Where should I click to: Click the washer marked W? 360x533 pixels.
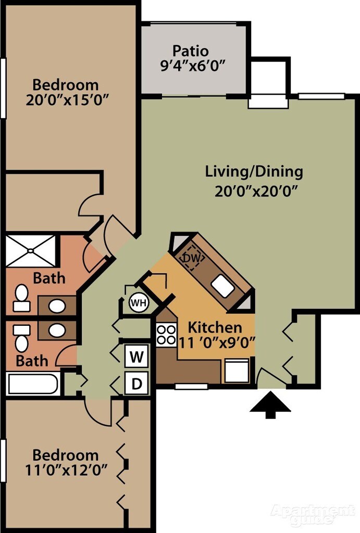(x=137, y=356)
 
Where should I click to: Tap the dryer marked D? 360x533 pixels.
(x=137, y=383)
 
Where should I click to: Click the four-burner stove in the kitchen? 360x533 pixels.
(x=166, y=335)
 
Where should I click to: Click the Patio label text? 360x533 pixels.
(x=191, y=50)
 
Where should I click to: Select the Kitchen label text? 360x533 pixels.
(x=215, y=327)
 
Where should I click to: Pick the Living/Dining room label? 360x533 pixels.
(x=254, y=171)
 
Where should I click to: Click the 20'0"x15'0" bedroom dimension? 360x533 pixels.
(x=67, y=100)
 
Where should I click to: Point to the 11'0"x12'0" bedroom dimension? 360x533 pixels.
(x=66, y=471)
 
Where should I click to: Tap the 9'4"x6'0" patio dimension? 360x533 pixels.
(x=193, y=65)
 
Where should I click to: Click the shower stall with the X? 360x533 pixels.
(x=31, y=251)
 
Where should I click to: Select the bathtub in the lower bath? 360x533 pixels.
(x=33, y=384)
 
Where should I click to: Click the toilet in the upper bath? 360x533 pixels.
(x=21, y=298)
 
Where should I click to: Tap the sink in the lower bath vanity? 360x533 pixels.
(x=57, y=330)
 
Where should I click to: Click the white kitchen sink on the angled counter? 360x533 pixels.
(x=222, y=286)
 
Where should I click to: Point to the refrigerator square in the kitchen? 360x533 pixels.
(x=237, y=371)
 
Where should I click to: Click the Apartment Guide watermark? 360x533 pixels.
(x=313, y=514)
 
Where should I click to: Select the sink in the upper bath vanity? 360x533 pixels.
(x=57, y=306)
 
